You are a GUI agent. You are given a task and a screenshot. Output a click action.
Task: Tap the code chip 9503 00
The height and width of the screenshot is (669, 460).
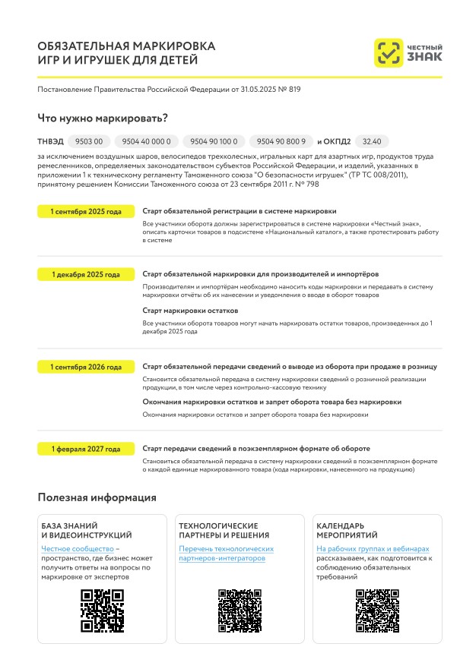pyautogui.click(x=89, y=141)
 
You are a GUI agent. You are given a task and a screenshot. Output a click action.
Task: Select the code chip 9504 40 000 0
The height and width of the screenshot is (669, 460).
pyautogui.click(x=147, y=141)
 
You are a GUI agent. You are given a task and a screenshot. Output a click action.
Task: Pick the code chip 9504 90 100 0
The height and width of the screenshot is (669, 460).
pyautogui.click(x=214, y=141)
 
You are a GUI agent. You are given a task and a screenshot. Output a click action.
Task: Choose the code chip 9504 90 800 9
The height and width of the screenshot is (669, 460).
pyautogui.click(x=281, y=141)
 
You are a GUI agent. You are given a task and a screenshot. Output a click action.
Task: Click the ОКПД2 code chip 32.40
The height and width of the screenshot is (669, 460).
pyautogui.click(x=372, y=141)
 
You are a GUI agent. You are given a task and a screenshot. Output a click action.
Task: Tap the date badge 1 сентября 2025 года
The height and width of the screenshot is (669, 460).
pyautogui.click(x=85, y=212)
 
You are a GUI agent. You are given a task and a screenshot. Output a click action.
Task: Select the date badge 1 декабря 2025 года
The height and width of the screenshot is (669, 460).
pyautogui.click(x=85, y=274)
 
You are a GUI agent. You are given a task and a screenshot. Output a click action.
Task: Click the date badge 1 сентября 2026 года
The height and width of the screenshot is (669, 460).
pyautogui.click(x=85, y=367)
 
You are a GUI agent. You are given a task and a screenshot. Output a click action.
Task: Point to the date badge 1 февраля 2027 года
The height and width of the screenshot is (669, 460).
pyautogui.click(x=85, y=449)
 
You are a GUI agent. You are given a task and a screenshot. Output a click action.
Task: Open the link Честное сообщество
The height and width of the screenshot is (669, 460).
pyautogui.click(x=77, y=548)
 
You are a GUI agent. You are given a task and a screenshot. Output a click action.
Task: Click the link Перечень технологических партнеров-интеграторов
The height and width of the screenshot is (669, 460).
pyautogui.click(x=226, y=554)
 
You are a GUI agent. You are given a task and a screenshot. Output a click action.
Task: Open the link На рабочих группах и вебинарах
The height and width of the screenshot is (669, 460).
pyautogui.click(x=373, y=548)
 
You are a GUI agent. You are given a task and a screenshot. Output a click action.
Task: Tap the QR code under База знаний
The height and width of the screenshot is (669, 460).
pyautogui.click(x=102, y=611)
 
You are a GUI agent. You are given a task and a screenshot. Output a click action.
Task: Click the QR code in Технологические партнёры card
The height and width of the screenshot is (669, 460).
pyautogui.click(x=240, y=611)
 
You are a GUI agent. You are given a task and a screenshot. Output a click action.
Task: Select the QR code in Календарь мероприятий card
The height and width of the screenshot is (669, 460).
pyautogui.click(x=378, y=611)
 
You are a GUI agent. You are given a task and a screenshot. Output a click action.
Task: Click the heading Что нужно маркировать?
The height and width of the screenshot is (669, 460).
pyautogui.click(x=103, y=118)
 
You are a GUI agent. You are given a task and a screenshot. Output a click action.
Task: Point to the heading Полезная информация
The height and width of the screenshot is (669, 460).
pyautogui.click(x=97, y=497)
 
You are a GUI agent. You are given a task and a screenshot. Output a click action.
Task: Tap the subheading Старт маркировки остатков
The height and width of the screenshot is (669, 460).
pyautogui.click(x=190, y=311)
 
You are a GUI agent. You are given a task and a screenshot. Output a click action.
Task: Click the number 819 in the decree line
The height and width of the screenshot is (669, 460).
pyautogui.click(x=294, y=90)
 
